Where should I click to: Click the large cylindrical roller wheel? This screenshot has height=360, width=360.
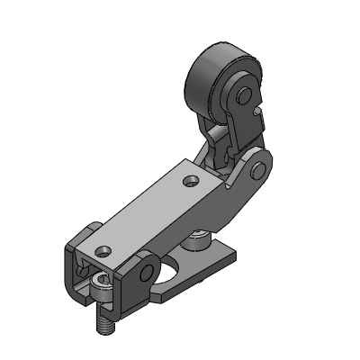[x=209, y=79]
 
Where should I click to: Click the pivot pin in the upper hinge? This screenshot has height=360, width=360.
[x=258, y=168]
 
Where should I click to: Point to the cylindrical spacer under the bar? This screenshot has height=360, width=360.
[x=197, y=238]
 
